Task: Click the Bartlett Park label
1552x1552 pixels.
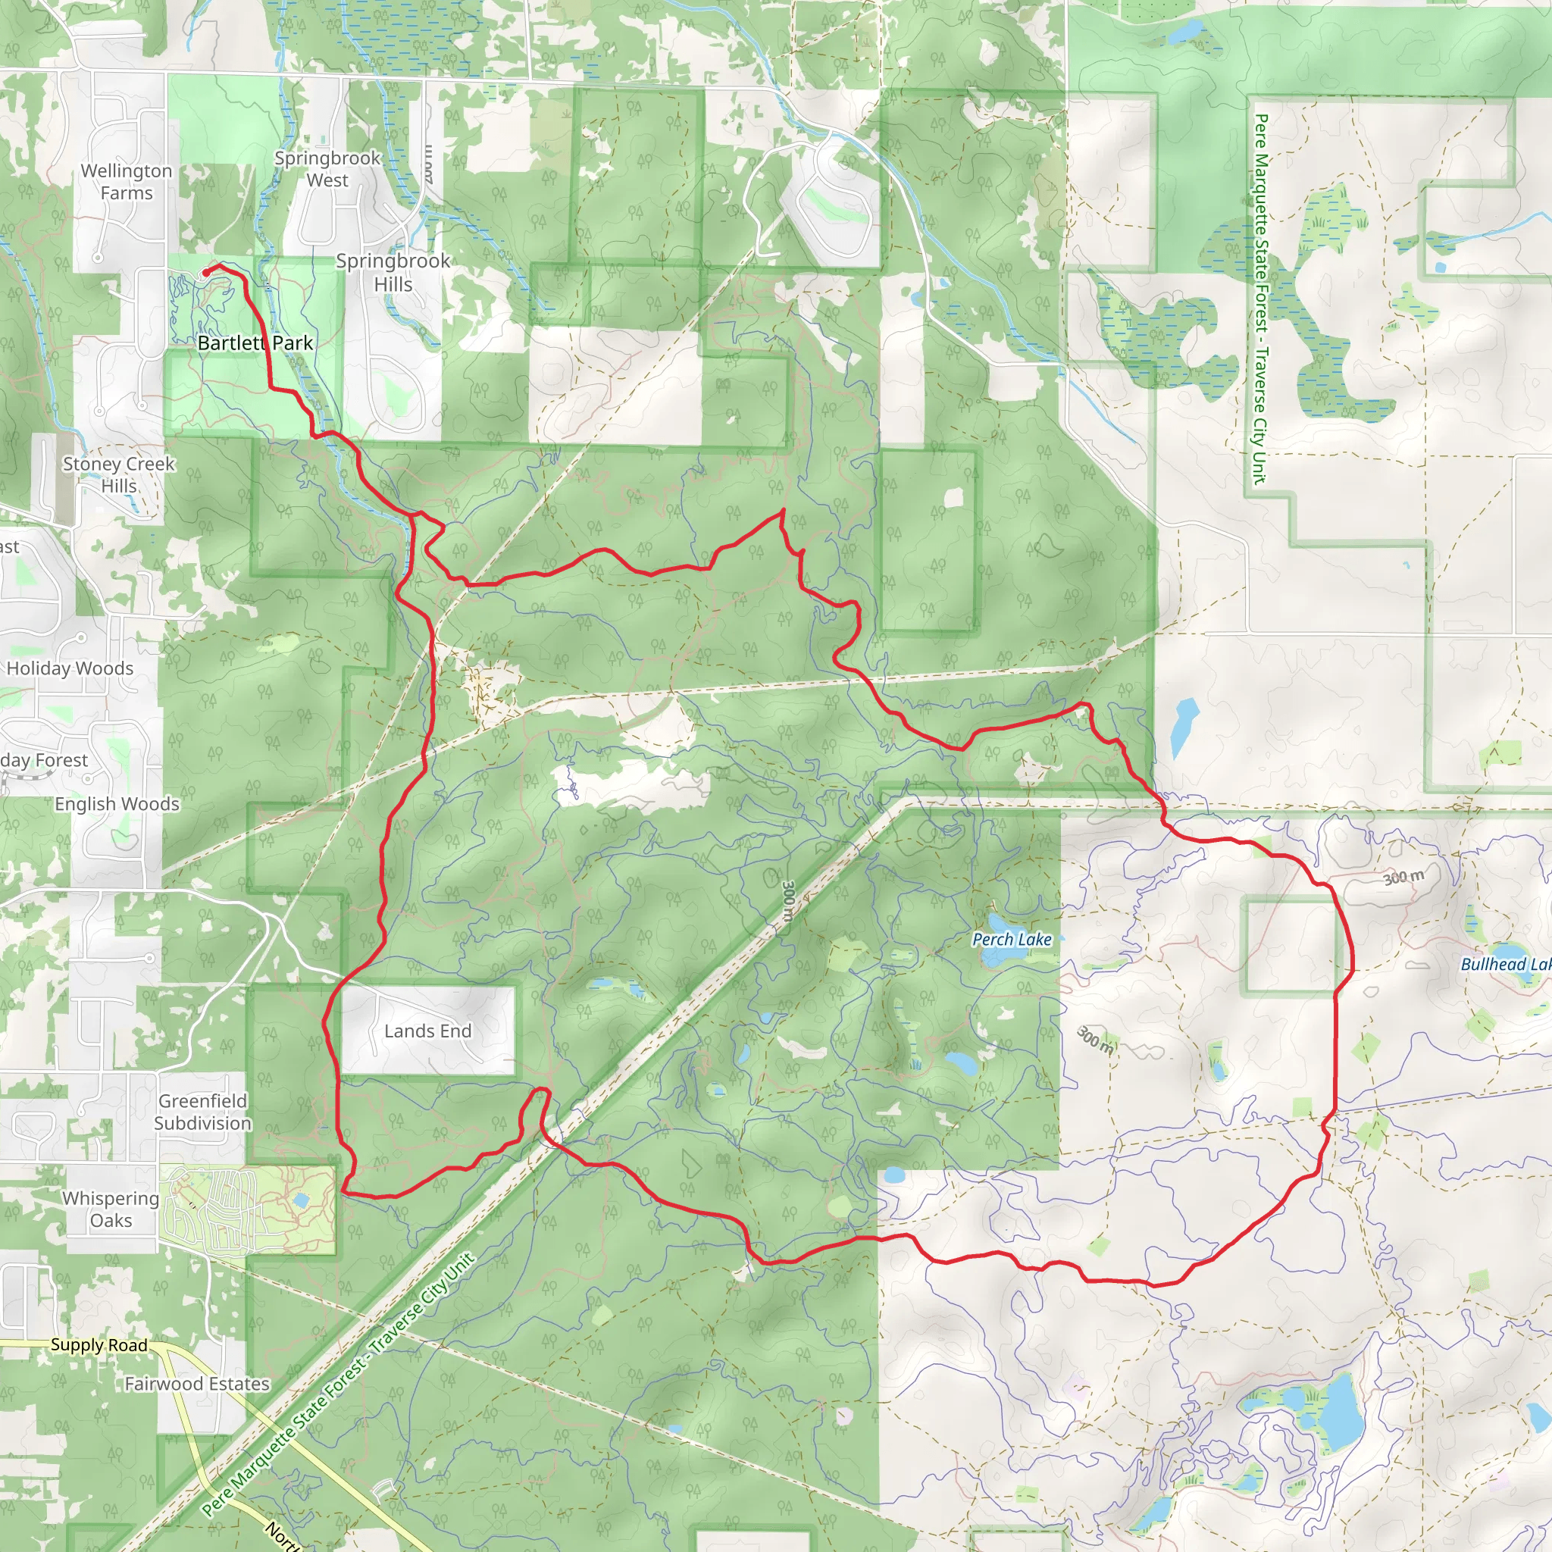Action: pyautogui.click(x=255, y=343)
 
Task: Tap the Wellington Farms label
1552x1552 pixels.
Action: pyautogui.click(x=126, y=182)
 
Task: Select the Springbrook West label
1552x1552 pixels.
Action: pyautogui.click(x=327, y=169)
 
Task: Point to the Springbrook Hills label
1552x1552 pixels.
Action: pyautogui.click(x=393, y=272)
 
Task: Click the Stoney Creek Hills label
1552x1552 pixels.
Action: pyautogui.click(x=119, y=474)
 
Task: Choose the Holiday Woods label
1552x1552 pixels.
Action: pyautogui.click(x=70, y=668)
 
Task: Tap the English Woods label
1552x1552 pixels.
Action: pyautogui.click(x=117, y=804)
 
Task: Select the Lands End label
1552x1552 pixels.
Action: pyautogui.click(x=427, y=1031)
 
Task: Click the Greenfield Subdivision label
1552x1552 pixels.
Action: pyautogui.click(x=202, y=1112)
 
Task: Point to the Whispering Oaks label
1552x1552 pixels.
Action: pyautogui.click(x=111, y=1209)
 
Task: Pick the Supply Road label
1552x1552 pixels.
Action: pyautogui.click(x=99, y=1345)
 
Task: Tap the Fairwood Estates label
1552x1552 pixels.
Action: pyautogui.click(x=197, y=1383)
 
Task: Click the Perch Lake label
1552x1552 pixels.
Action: pyautogui.click(x=1012, y=939)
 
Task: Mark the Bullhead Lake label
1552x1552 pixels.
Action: pyautogui.click(x=1504, y=964)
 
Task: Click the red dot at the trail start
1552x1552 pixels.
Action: pyautogui.click(x=205, y=272)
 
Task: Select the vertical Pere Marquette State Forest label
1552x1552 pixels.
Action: pyautogui.click(x=1259, y=299)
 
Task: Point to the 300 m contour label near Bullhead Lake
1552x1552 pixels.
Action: pyautogui.click(x=1403, y=878)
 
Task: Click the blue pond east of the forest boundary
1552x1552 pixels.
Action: pyautogui.click(x=1184, y=726)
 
